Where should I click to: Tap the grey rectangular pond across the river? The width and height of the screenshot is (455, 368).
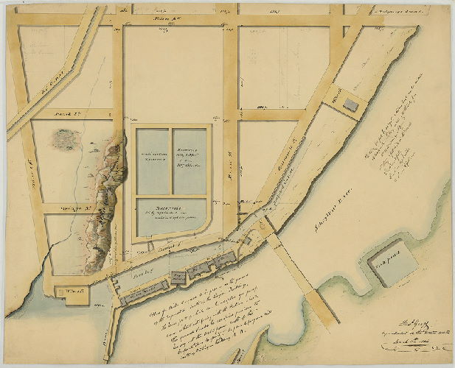(389, 266)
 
